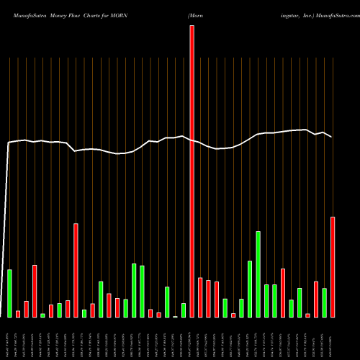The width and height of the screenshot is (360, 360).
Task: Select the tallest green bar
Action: point(258,274)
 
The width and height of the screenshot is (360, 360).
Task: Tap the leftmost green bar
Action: point(9,293)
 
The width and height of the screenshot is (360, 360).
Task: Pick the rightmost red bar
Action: point(333,267)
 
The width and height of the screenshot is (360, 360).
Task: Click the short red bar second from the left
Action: point(18,313)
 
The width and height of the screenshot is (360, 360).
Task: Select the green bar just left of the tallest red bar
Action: point(184,310)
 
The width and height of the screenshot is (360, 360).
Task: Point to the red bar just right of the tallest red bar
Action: point(200,297)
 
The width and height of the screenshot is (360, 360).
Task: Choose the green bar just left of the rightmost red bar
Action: point(325,302)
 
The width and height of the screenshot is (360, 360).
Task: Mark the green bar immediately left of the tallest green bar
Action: point(250,289)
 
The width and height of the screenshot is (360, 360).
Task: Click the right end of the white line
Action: point(332,137)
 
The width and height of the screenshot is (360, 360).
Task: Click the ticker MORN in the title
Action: point(114,14)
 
